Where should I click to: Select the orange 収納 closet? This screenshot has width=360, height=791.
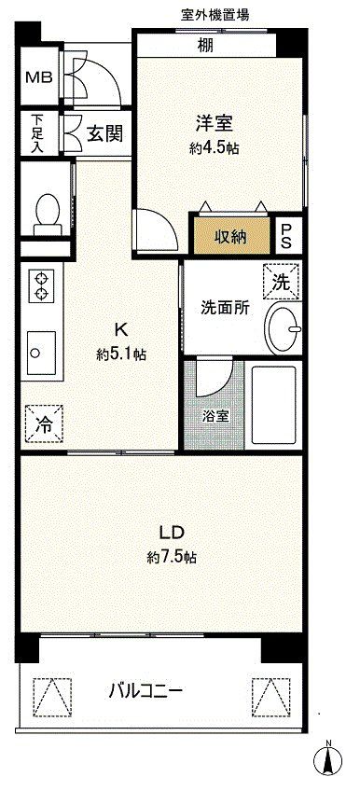coord(232,236)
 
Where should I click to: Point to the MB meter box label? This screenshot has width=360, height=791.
coord(36,77)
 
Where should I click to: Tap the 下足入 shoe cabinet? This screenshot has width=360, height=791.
coord(36,132)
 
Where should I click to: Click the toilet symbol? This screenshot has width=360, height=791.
coord(44,214)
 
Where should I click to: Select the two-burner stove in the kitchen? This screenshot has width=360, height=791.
coord(40,285)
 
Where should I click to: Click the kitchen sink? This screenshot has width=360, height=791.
coord(40,354)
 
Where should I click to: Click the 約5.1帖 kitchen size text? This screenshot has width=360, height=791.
coord(119,354)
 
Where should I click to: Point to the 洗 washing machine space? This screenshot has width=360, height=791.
coord(281,278)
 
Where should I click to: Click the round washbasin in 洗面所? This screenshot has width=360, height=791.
coord(284,327)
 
